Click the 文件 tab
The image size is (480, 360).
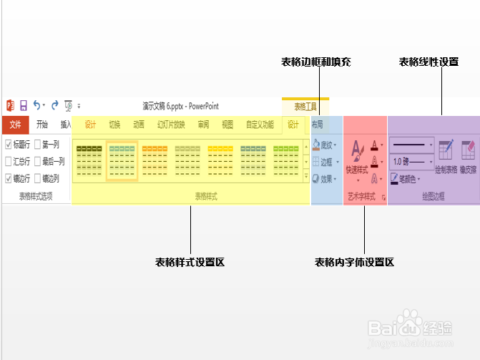[14, 125]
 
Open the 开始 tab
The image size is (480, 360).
[42, 125]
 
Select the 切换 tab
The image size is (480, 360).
[114, 125]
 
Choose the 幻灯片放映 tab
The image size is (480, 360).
[171, 125]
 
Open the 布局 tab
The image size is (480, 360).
[318, 125]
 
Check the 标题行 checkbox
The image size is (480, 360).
[9, 145]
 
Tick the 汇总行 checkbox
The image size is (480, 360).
[9, 162]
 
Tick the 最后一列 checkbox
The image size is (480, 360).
[38, 162]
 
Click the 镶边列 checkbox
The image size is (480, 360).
[38, 179]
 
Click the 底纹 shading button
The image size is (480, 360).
[325, 145]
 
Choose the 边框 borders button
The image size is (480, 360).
[325, 162]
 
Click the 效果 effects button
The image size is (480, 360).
[325, 180]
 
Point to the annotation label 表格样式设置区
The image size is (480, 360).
[190, 263]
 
